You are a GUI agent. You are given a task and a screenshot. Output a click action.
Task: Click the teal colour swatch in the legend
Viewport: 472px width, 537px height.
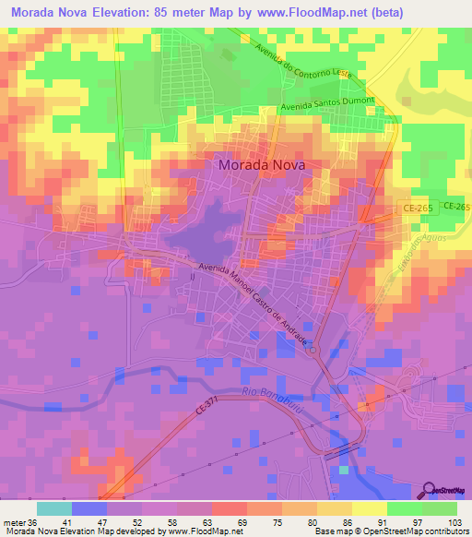(x=53, y=508)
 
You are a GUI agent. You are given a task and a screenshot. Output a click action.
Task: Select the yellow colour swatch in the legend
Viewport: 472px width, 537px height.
(x=369, y=508)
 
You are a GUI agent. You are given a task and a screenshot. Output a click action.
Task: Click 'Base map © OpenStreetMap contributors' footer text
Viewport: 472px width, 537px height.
(x=389, y=531)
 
